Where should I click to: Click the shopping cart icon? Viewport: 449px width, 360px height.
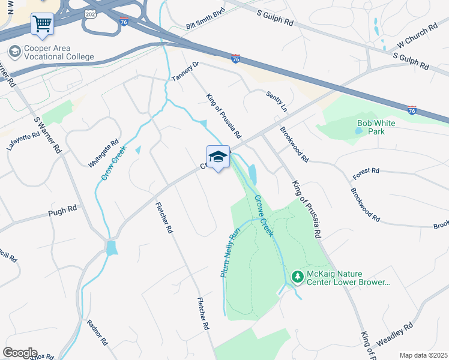43,24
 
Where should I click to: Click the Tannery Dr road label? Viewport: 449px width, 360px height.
185,71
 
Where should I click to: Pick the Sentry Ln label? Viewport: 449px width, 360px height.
277,100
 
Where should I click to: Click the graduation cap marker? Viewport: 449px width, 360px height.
218,157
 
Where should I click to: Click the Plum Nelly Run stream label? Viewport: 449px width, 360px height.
230,251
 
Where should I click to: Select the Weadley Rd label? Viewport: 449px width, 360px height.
395,335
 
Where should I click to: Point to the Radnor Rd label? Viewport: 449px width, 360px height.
97,332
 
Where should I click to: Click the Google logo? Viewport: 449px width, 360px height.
20,353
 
